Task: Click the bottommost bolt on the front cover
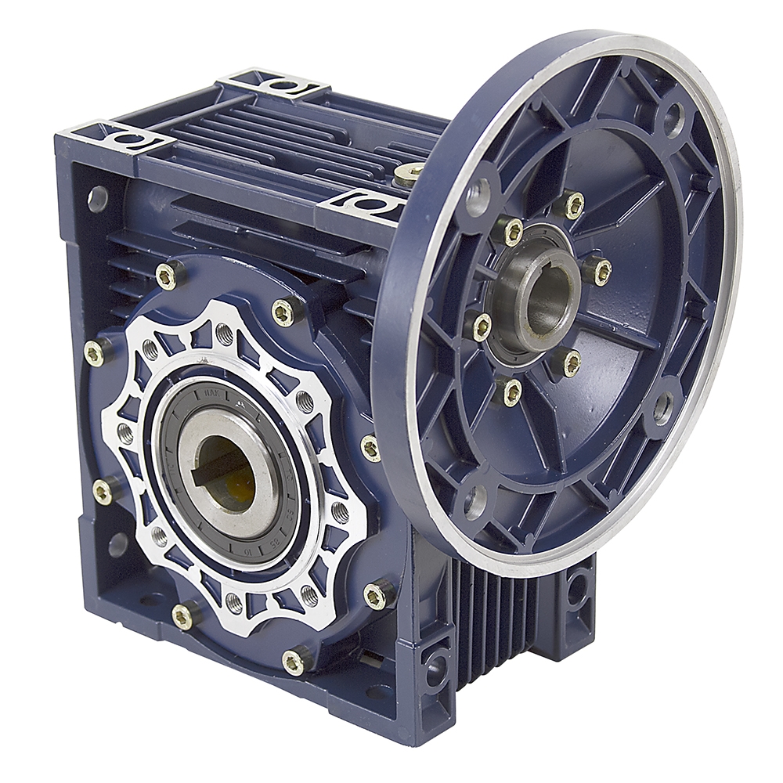(294, 662)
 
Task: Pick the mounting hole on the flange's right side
(662, 406)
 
